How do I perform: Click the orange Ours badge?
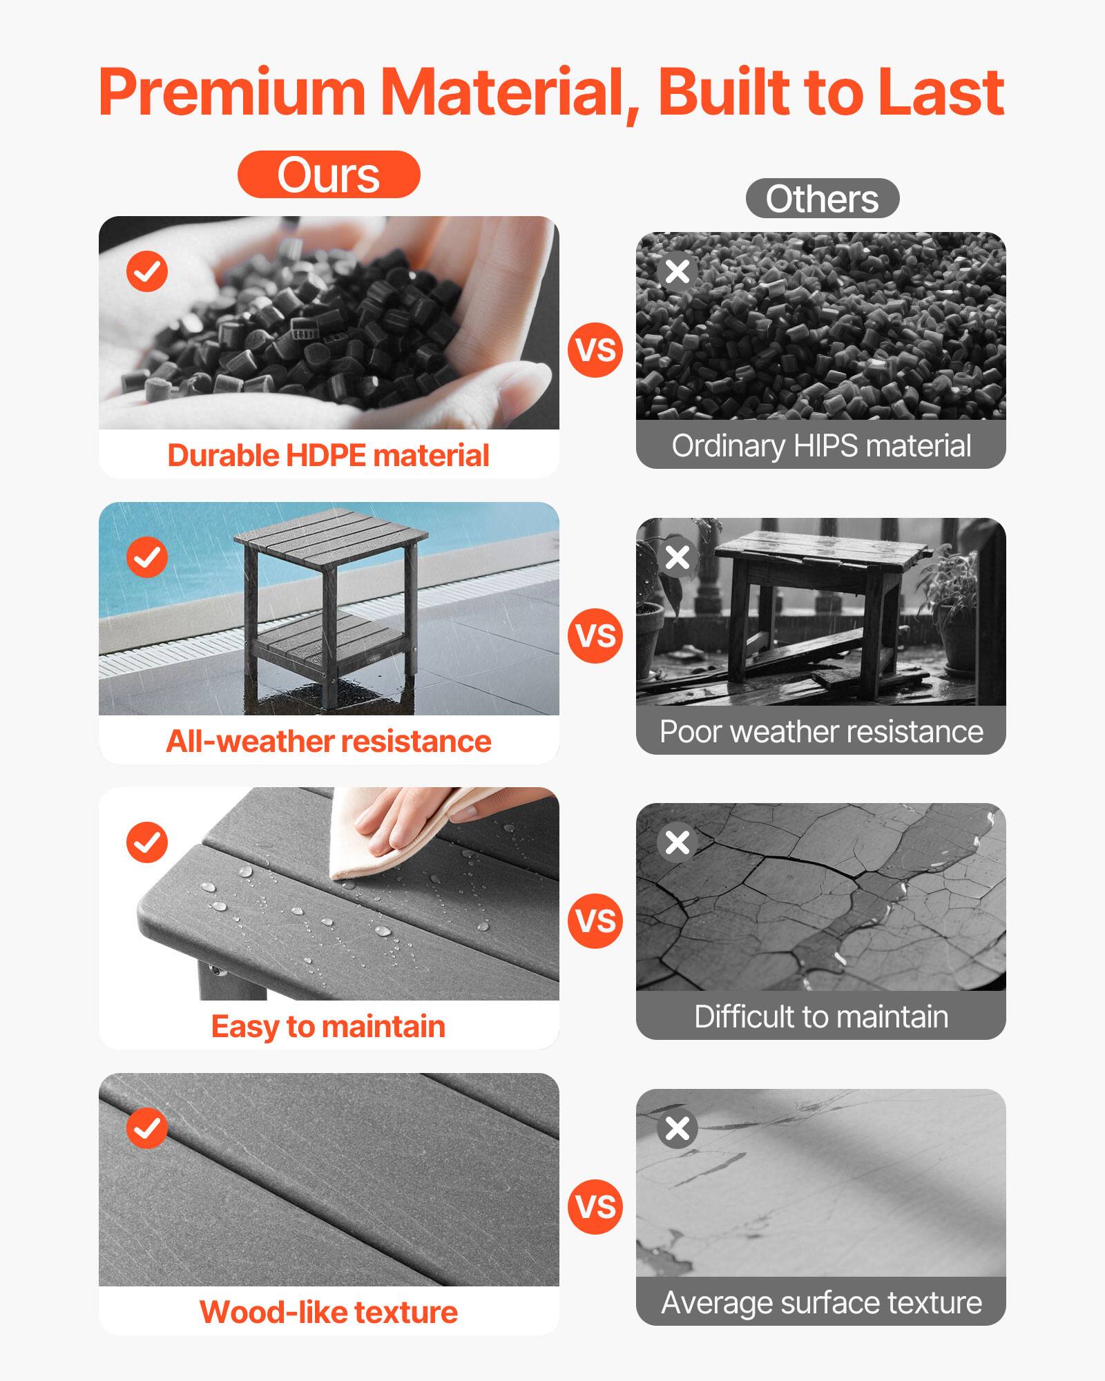click(329, 175)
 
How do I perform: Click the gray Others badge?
click(822, 199)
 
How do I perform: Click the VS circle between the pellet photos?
click(595, 350)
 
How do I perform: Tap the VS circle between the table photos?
click(595, 636)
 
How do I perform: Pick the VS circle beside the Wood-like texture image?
click(595, 1207)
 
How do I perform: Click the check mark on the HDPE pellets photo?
click(147, 271)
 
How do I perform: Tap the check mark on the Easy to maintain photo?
click(147, 842)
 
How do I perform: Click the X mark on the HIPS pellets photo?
click(678, 271)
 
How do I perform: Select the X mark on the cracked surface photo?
click(678, 842)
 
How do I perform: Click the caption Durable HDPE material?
click(329, 456)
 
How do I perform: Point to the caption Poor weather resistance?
click(821, 732)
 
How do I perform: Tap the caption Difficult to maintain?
click(821, 1017)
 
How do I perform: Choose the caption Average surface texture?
click(821, 1303)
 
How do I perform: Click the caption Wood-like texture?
click(329, 1313)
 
